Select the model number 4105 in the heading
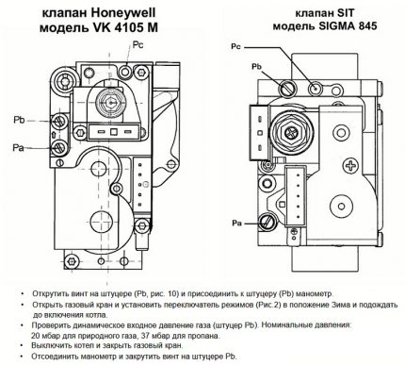pos(126,28)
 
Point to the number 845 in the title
pos(366,25)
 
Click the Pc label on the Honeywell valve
pos(138,45)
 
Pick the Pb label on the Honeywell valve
pos(19,120)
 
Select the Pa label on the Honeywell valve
pos(18,147)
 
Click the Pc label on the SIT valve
pos(235,47)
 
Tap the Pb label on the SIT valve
pos(256,67)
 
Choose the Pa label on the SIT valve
pos(236,224)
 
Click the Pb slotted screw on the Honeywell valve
pos(58,120)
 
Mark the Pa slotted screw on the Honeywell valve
pos(58,147)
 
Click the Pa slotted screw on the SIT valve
pos(267,222)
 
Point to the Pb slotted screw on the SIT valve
pos(287,88)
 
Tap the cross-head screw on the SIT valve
pos(349,165)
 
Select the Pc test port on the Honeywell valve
pos(126,72)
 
